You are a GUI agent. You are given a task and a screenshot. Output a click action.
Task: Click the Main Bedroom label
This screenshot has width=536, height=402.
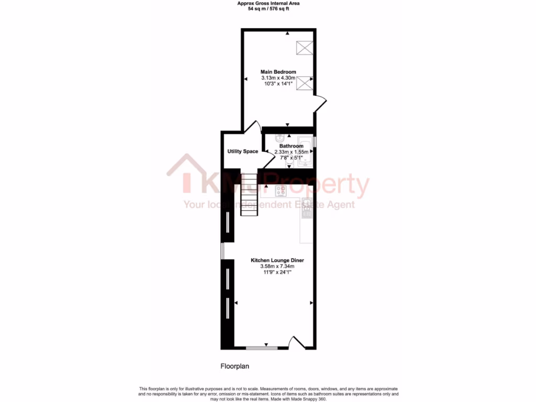278,72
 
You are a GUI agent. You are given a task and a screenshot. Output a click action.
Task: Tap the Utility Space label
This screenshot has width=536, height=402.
242,151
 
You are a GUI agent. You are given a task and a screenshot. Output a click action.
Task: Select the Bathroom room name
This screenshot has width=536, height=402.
291,146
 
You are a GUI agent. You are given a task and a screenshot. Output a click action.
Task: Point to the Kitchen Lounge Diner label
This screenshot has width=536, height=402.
277,260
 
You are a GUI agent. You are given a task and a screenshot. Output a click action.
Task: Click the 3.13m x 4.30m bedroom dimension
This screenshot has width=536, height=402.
278,78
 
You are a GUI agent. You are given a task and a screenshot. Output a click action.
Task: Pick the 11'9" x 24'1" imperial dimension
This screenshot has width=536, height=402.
277,272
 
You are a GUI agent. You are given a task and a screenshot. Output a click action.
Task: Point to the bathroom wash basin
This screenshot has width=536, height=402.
277,138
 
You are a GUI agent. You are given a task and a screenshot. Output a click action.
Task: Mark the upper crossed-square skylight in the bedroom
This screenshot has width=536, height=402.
304,48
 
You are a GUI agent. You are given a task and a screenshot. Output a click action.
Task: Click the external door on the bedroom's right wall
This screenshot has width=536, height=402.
320,103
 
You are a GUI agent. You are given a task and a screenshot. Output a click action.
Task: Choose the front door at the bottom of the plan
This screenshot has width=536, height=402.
297,343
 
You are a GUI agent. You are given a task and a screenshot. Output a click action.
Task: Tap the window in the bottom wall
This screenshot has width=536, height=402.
262,348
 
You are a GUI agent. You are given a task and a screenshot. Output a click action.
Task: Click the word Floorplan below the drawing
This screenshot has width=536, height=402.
234,367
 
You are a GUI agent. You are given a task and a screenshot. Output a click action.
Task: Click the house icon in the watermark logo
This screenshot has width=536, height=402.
187,173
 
